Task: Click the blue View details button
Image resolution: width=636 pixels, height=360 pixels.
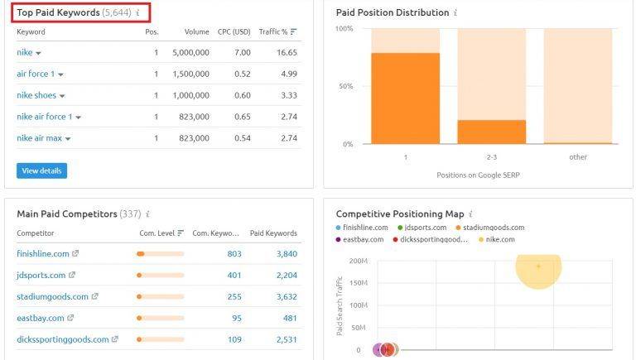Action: (x=41, y=170)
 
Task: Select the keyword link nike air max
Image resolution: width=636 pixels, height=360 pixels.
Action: (x=39, y=138)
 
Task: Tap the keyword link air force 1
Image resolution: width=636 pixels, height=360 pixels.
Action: (x=36, y=74)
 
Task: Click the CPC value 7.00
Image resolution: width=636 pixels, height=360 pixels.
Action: (x=243, y=52)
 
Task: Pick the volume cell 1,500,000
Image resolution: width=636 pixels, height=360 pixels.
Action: (x=191, y=74)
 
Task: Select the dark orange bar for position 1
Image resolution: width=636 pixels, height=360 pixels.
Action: (x=405, y=98)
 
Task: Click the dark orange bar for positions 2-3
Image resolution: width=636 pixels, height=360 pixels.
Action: (x=491, y=132)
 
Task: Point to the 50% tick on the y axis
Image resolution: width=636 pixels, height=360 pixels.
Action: (x=346, y=86)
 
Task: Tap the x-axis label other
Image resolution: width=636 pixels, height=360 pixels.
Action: (x=578, y=156)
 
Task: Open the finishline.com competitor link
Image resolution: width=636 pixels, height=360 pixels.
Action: (x=43, y=253)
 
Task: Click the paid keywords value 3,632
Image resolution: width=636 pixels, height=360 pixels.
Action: (x=285, y=296)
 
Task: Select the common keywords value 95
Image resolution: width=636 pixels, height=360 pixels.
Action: (x=236, y=318)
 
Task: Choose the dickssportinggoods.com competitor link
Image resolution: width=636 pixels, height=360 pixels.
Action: (x=63, y=339)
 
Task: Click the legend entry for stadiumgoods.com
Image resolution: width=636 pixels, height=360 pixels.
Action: (x=494, y=228)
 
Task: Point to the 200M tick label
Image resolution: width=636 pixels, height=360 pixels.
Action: (x=358, y=261)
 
